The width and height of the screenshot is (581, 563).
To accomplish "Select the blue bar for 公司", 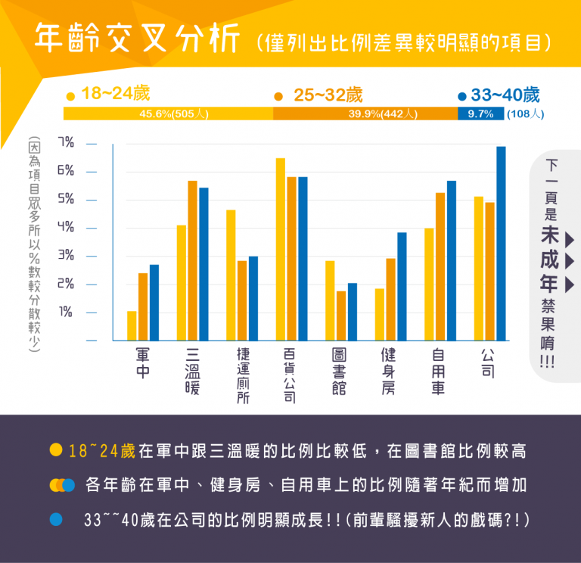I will click(501, 243).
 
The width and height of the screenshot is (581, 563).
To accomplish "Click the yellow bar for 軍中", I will click(132, 325).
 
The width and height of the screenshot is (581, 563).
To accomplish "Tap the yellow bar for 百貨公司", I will click(281, 249).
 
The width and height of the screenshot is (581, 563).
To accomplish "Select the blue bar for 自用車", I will click(452, 260).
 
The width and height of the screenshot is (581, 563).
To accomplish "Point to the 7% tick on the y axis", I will click(66, 142).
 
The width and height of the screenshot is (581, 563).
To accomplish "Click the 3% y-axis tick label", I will click(66, 256).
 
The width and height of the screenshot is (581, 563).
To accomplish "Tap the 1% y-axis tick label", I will click(66, 312).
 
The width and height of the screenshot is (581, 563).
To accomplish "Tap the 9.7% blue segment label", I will click(480, 114).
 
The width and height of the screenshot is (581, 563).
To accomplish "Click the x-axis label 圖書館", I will click(340, 371).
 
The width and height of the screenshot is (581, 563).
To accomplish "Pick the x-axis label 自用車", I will click(439, 371).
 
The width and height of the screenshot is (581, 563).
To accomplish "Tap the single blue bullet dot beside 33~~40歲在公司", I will click(55, 520).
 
